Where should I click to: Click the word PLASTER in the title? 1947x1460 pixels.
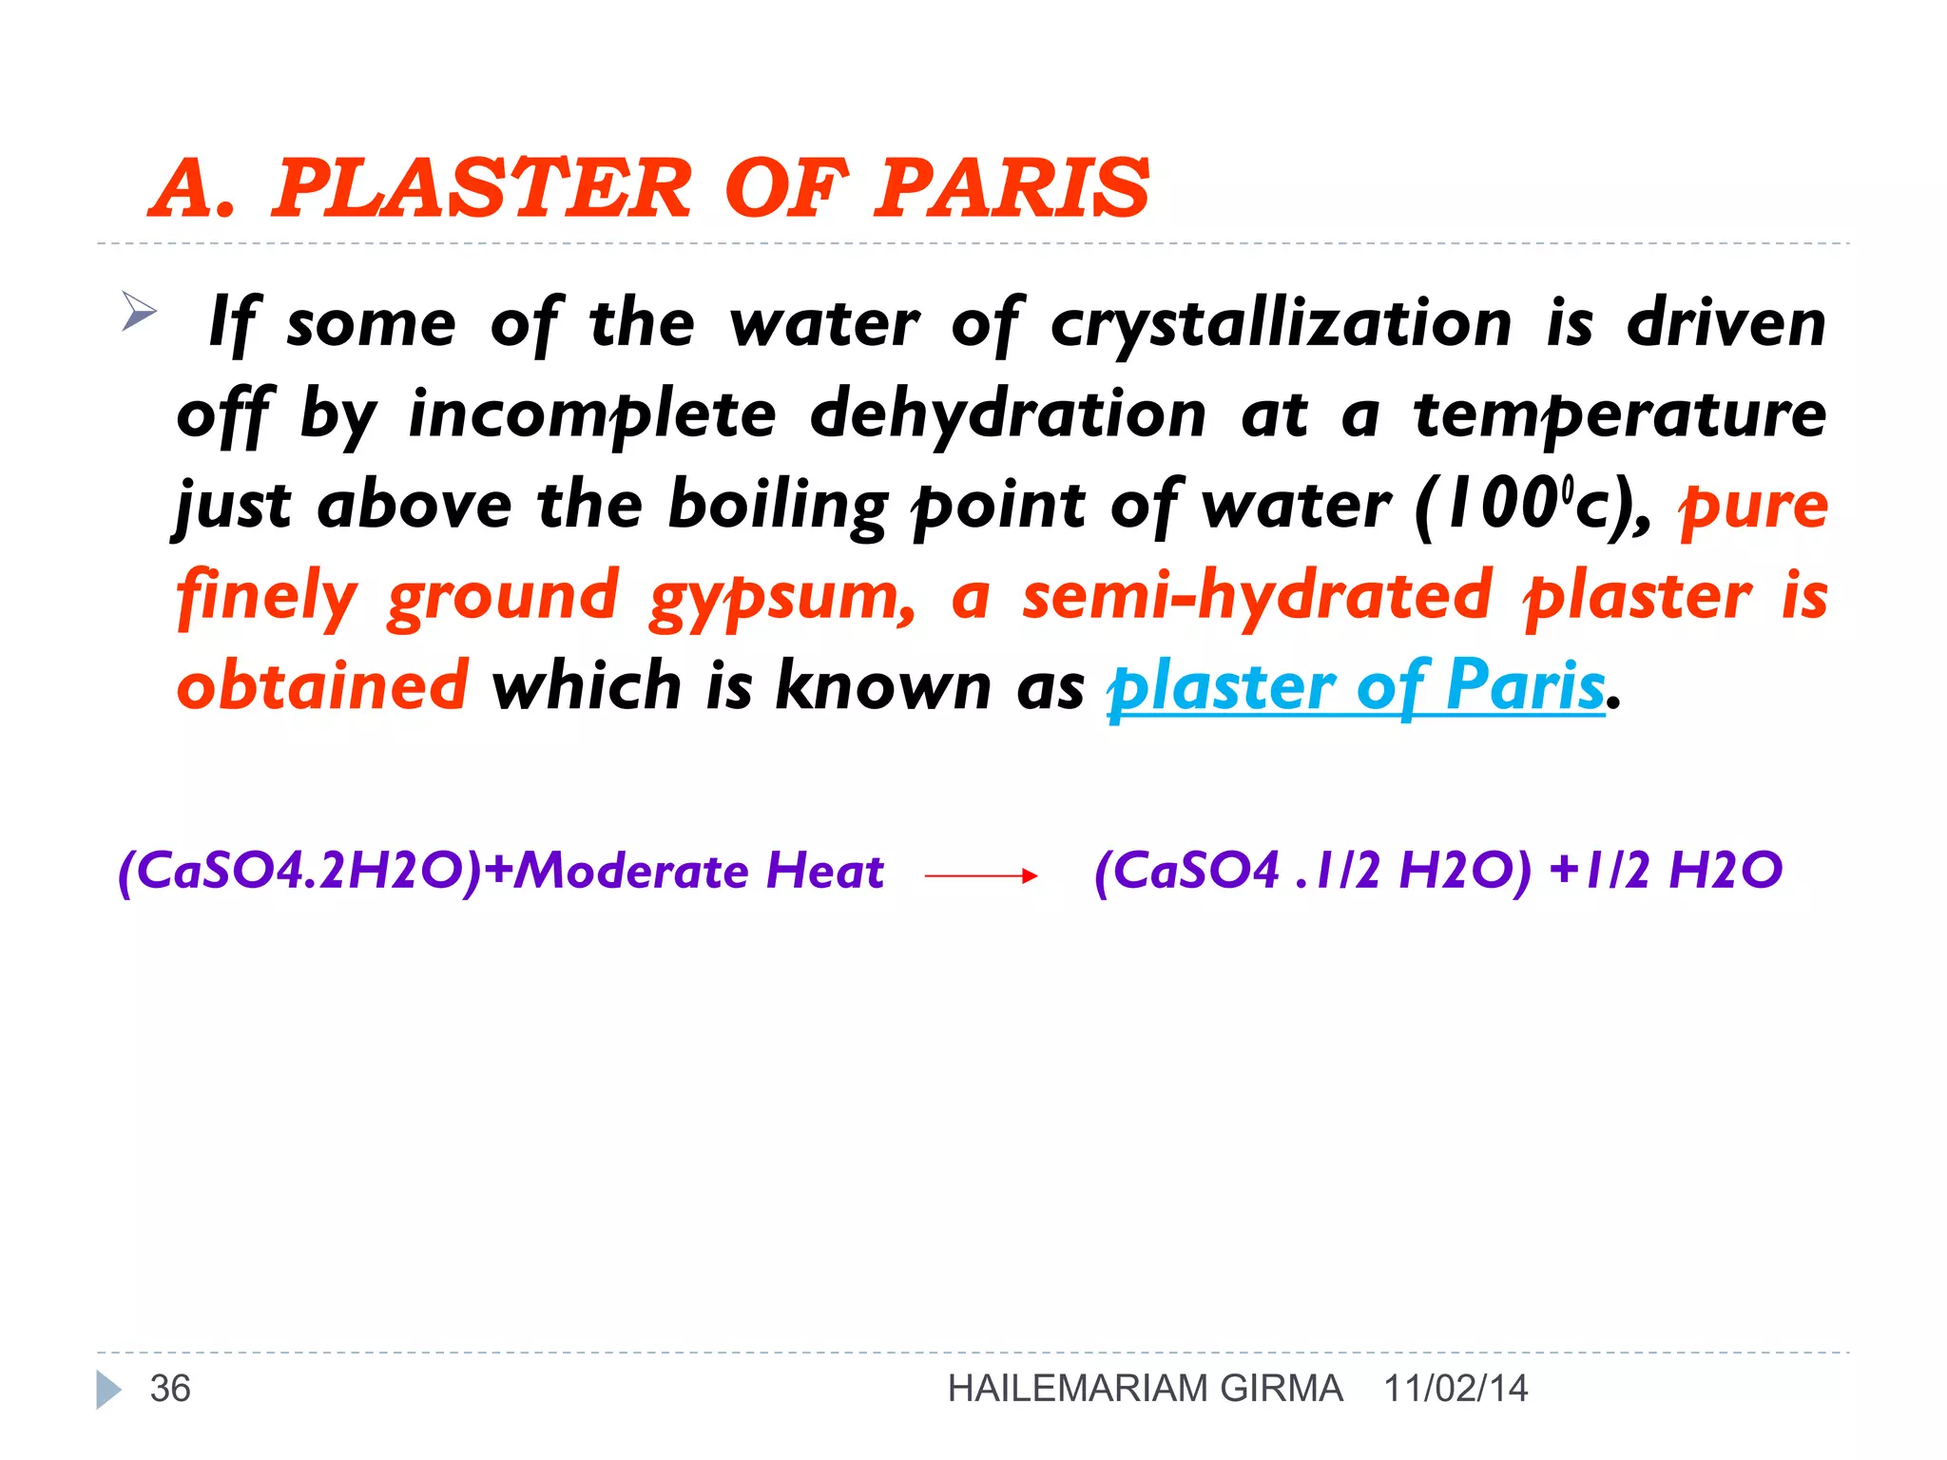pyautogui.click(x=482, y=188)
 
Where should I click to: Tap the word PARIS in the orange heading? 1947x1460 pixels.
pyautogui.click(x=1012, y=188)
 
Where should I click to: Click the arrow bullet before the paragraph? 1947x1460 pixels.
pyautogui.click(x=139, y=313)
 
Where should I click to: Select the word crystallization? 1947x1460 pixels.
pyautogui.click(x=1281, y=323)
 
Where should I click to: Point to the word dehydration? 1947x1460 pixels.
pyautogui.click(x=1008, y=414)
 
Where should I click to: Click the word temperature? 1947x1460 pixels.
pyautogui.click(x=1620, y=414)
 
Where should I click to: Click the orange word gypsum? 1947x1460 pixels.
pyautogui.click(x=781, y=597)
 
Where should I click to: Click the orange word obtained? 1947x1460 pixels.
pyautogui.click(x=322, y=684)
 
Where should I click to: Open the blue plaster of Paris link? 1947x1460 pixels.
pyautogui.click(x=1356, y=686)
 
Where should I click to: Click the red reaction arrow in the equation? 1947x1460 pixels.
pyautogui.click(x=980, y=875)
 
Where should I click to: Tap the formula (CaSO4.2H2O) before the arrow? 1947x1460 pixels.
pyautogui.click(x=300, y=871)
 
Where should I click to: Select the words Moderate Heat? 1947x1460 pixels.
pyautogui.click(x=700, y=871)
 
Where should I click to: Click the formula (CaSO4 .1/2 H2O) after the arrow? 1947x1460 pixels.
pyautogui.click(x=1312, y=871)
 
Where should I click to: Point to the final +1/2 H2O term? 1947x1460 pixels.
pyautogui.click(x=1665, y=871)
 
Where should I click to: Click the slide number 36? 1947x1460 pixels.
pyautogui.click(x=170, y=1389)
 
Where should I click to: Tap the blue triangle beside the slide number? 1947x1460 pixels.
pyautogui.click(x=108, y=1390)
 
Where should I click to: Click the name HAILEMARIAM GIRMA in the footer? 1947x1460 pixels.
pyautogui.click(x=1145, y=1389)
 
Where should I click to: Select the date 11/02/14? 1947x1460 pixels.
pyautogui.click(x=1455, y=1389)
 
